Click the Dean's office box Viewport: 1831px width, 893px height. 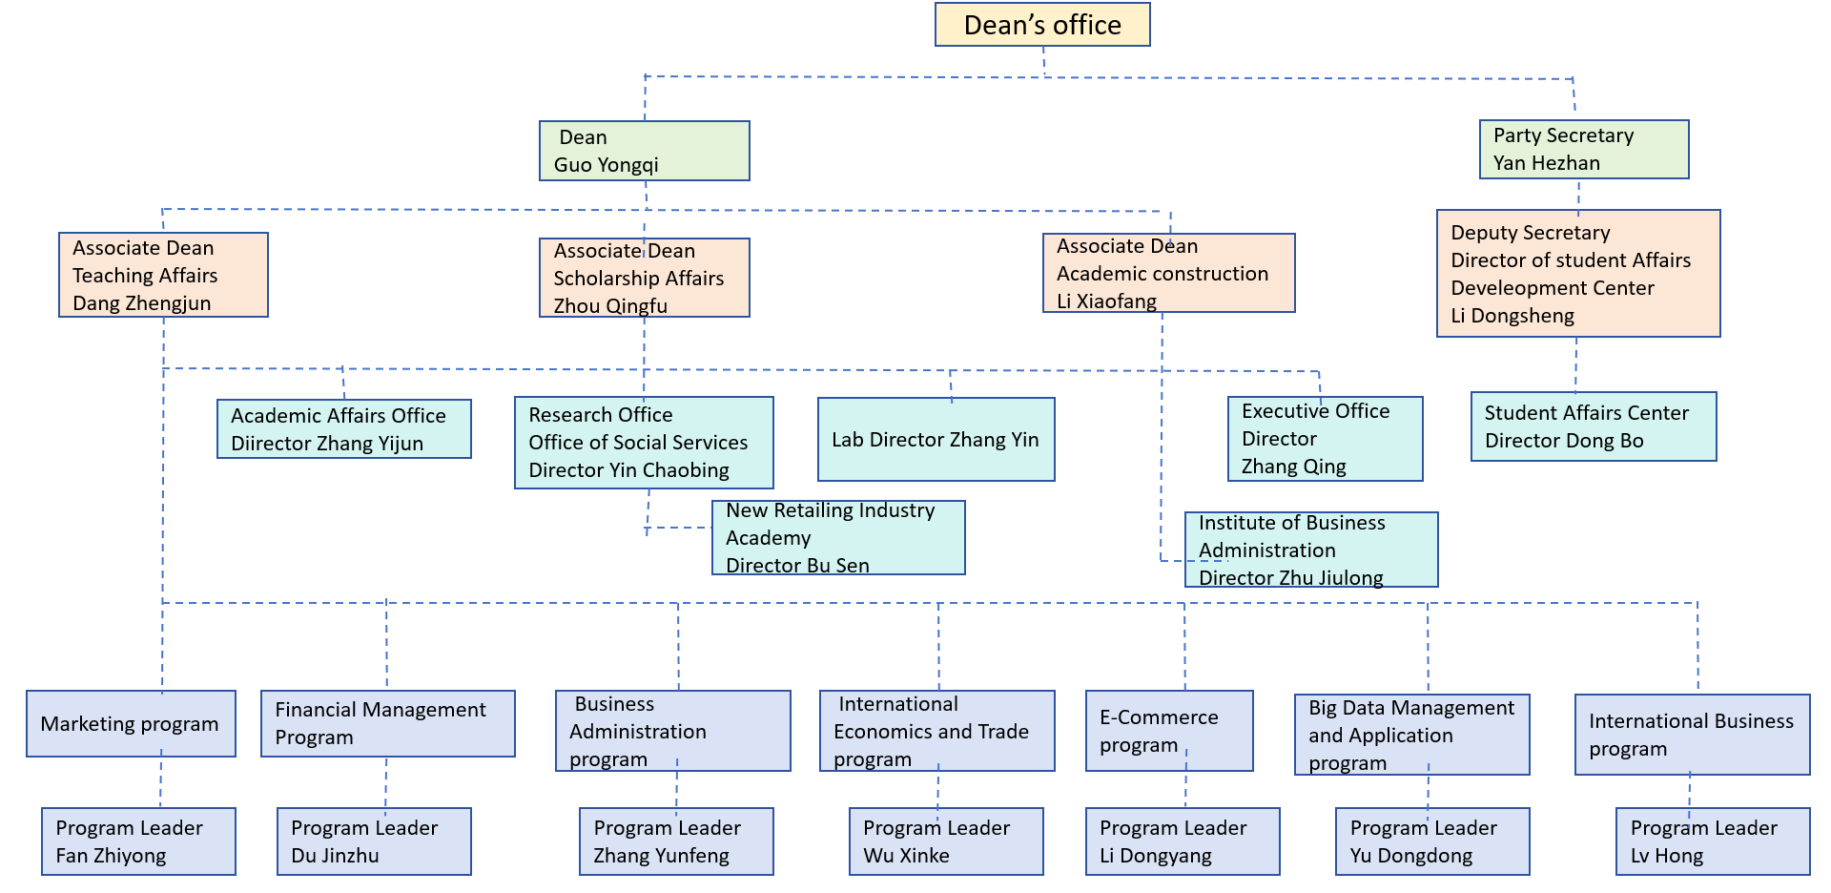pyautogui.click(x=1042, y=25)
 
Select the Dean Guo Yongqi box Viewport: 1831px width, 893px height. pyautogui.click(x=645, y=151)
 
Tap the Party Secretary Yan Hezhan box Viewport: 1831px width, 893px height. pyautogui.click(x=1584, y=149)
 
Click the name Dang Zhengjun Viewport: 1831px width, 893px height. pyautogui.click(x=142, y=303)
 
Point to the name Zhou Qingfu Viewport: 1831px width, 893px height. pyautogui.click(x=610, y=306)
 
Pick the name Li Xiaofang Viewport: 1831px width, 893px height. pyautogui.click(x=1106, y=301)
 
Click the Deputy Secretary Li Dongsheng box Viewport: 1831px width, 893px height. pyautogui.click(x=1578, y=274)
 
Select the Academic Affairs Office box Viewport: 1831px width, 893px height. pyautogui.click(x=344, y=429)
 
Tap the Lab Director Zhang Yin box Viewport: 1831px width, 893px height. pyautogui.click(x=936, y=440)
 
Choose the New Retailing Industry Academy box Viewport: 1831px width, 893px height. pyautogui.click(x=838, y=538)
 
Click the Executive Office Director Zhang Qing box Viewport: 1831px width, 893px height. pyautogui.click(x=1325, y=439)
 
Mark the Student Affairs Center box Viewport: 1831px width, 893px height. pyautogui.click(x=1594, y=426)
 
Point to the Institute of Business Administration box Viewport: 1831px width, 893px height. pyautogui.click(x=1311, y=550)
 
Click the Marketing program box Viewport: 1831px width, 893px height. pyautogui.click(x=131, y=724)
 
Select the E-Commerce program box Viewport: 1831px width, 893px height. pyautogui.click(x=1169, y=731)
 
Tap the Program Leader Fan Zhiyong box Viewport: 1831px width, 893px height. pyautogui.click(x=138, y=841)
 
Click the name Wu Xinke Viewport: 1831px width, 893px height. pyautogui.click(x=906, y=856)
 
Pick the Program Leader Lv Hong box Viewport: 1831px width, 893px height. pyautogui.click(x=1713, y=841)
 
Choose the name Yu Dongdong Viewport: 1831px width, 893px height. pyautogui.click(x=1410, y=856)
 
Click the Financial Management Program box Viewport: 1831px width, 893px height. pyautogui.click(x=388, y=724)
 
